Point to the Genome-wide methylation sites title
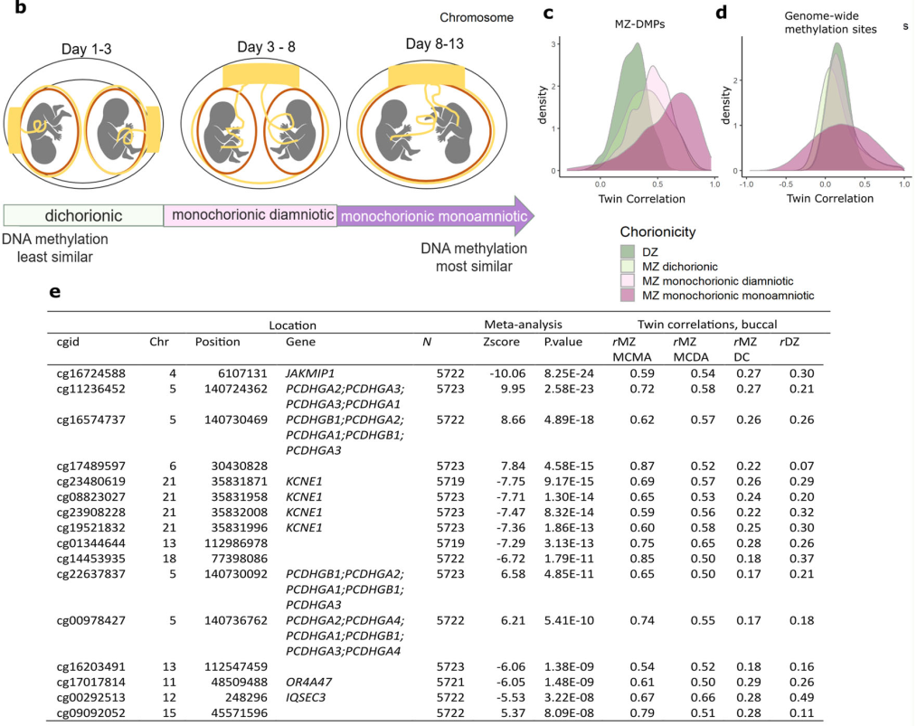tap(825, 23)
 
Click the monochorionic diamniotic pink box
tap(251, 215)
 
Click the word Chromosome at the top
tap(477, 18)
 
